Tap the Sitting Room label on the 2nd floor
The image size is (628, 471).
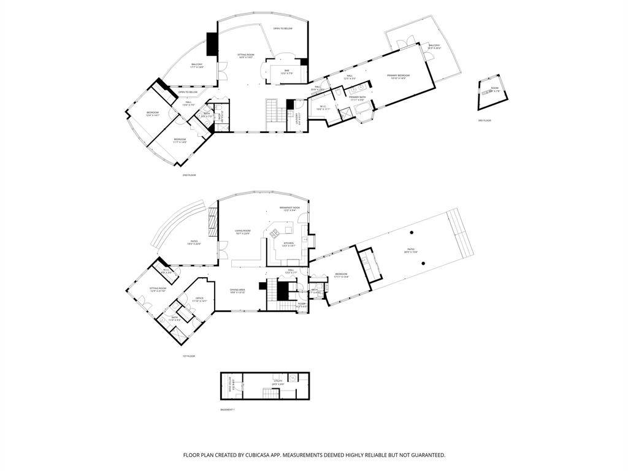click(x=245, y=56)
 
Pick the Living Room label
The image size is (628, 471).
click(x=243, y=232)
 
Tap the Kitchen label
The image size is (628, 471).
click(x=288, y=244)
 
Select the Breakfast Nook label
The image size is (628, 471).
click(x=289, y=209)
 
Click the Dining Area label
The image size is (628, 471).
click(x=237, y=291)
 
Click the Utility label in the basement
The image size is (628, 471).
click(x=278, y=382)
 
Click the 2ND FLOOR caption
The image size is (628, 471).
click(x=189, y=175)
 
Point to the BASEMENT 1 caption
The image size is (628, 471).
click(x=227, y=409)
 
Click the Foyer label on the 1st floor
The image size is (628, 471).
click(x=301, y=304)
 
